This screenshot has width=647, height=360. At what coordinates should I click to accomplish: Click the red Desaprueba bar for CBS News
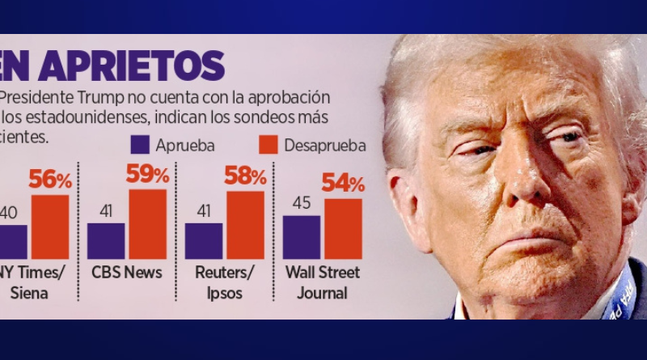pyautogui.click(x=147, y=224)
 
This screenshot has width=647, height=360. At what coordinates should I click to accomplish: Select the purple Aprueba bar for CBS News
pyautogui.click(x=106, y=241)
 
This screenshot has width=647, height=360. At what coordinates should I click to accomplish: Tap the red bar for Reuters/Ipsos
pyautogui.click(x=245, y=225)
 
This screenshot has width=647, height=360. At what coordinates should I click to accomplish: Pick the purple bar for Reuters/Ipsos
pyautogui.click(x=204, y=241)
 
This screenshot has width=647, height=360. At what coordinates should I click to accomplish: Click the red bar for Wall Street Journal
pyautogui.click(x=343, y=229)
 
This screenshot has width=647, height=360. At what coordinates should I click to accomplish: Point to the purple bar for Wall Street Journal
pyautogui.click(x=302, y=237)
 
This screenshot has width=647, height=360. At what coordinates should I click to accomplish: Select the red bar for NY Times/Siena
pyautogui.click(x=49, y=227)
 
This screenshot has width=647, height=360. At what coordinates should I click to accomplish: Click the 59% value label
pyautogui.click(x=147, y=174)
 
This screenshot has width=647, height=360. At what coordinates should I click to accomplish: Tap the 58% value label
pyautogui.click(x=245, y=176)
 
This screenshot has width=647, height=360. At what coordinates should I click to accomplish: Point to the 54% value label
pyautogui.click(x=343, y=183)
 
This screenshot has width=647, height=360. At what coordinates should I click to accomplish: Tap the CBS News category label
pyautogui.click(x=125, y=273)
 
